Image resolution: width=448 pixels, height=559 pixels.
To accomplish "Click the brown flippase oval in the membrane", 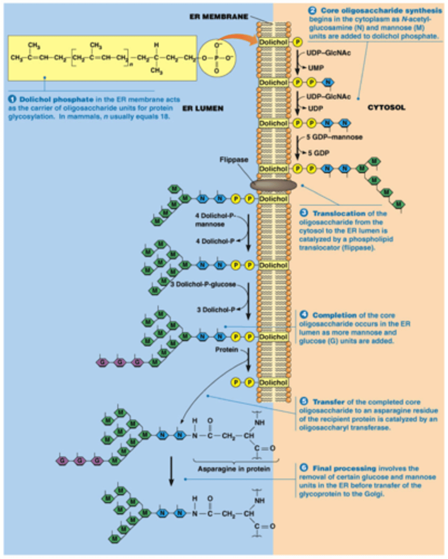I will click(x=273, y=185).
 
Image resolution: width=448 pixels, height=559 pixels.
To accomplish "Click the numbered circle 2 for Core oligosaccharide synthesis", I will click(x=313, y=9).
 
